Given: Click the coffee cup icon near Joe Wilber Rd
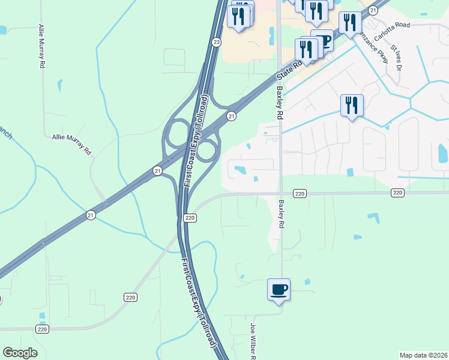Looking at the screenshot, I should click(279, 290).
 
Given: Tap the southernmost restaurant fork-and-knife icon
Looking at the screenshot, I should click(352, 106).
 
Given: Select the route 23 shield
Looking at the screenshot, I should click(217, 41).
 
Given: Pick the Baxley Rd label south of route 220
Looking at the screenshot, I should click(280, 214).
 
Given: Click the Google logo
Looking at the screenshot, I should click(20, 353).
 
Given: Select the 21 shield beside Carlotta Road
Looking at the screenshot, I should click(373, 10).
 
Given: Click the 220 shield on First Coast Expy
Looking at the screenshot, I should click(190, 218).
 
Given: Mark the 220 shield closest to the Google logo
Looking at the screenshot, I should click(42, 329).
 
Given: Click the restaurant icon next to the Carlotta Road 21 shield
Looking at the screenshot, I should click(349, 22).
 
